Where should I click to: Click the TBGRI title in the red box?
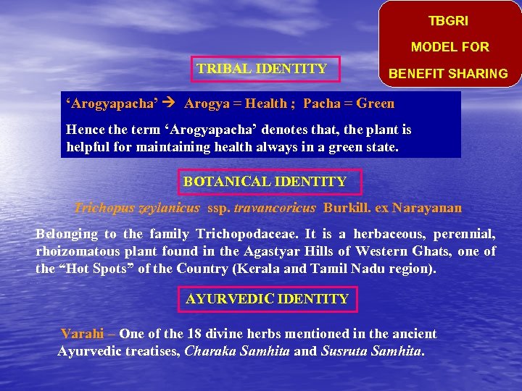(x=448, y=21)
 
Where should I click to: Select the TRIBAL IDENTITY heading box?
(x=262, y=70)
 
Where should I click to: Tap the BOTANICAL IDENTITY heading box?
(x=265, y=182)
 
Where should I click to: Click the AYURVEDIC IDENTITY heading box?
(x=268, y=298)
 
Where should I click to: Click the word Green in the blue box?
(x=376, y=104)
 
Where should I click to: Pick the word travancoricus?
(x=275, y=209)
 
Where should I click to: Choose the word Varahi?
(x=82, y=334)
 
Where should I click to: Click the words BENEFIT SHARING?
(x=448, y=74)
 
